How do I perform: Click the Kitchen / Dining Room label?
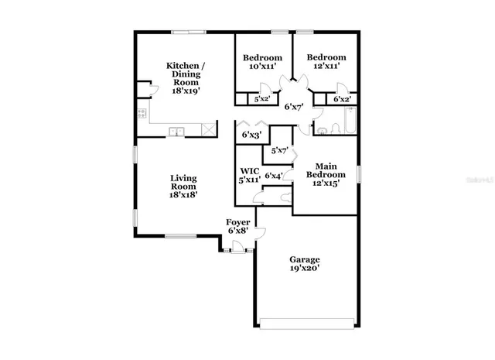pyautogui.click(x=186, y=77)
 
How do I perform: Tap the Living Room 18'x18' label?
pyautogui.click(x=183, y=187)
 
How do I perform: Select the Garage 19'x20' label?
pyautogui.click(x=304, y=264)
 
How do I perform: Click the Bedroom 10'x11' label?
pyautogui.click(x=262, y=62)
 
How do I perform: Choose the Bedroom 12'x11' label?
pyautogui.click(x=325, y=62)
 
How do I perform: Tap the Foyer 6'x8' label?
pyautogui.click(x=237, y=226)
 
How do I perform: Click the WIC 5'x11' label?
pyautogui.click(x=249, y=175)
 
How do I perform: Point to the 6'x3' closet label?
pyautogui.click(x=251, y=135)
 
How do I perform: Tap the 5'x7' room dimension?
pyautogui.click(x=279, y=150)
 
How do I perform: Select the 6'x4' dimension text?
pyautogui.click(x=273, y=176)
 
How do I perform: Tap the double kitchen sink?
pyautogui.click(x=177, y=132)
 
